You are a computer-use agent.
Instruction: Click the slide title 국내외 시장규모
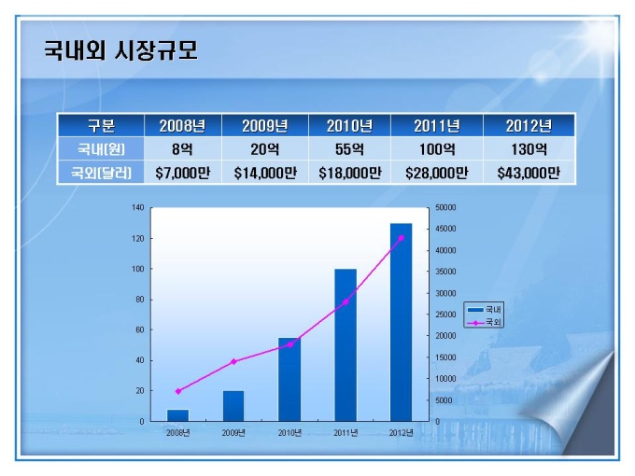pos(121,49)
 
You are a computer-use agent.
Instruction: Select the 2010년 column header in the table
pos(350,126)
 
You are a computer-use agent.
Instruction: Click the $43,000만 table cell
pos(528,173)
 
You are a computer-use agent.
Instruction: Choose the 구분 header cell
pos(101,126)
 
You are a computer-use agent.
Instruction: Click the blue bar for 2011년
pos(346,345)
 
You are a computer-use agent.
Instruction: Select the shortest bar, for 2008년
pos(177,415)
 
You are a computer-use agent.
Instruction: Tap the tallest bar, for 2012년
pos(401,322)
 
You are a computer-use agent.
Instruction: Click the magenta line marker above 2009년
pos(233,361)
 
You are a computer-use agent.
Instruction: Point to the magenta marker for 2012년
pos(401,238)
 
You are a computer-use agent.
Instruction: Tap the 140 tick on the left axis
pos(138,207)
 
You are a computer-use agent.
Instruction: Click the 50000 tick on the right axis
pos(445,207)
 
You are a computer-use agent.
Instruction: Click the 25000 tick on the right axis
pos(445,315)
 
